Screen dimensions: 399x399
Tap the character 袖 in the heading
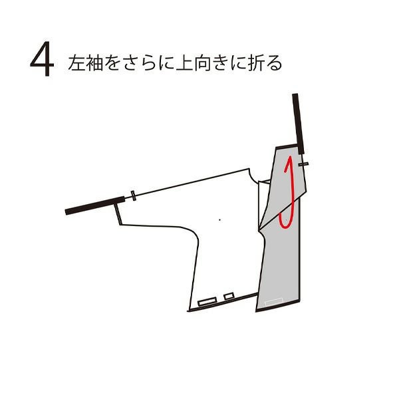pyautogui.click(x=94, y=63)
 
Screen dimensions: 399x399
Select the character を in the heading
pyautogui.click(x=112, y=63)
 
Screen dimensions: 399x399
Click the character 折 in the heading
pyautogui.click(x=257, y=63)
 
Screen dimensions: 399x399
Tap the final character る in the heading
pyautogui.click(x=274, y=63)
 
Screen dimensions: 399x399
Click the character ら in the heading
pyautogui.click(x=148, y=63)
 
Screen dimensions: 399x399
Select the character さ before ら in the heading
pyautogui.click(x=130, y=63)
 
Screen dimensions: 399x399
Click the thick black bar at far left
pyautogui.click(x=95, y=205)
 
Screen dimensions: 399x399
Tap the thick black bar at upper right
pyautogui.click(x=298, y=124)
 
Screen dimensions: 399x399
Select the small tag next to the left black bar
pyautogui.click(x=133, y=196)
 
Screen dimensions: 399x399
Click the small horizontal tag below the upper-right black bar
pyautogui.click(x=304, y=164)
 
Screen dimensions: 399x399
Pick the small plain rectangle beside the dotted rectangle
pyautogui.click(x=229, y=296)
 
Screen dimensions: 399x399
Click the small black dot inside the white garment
pyautogui.click(x=220, y=220)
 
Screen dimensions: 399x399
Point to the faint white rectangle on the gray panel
pyautogui.click(x=274, y=302)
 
